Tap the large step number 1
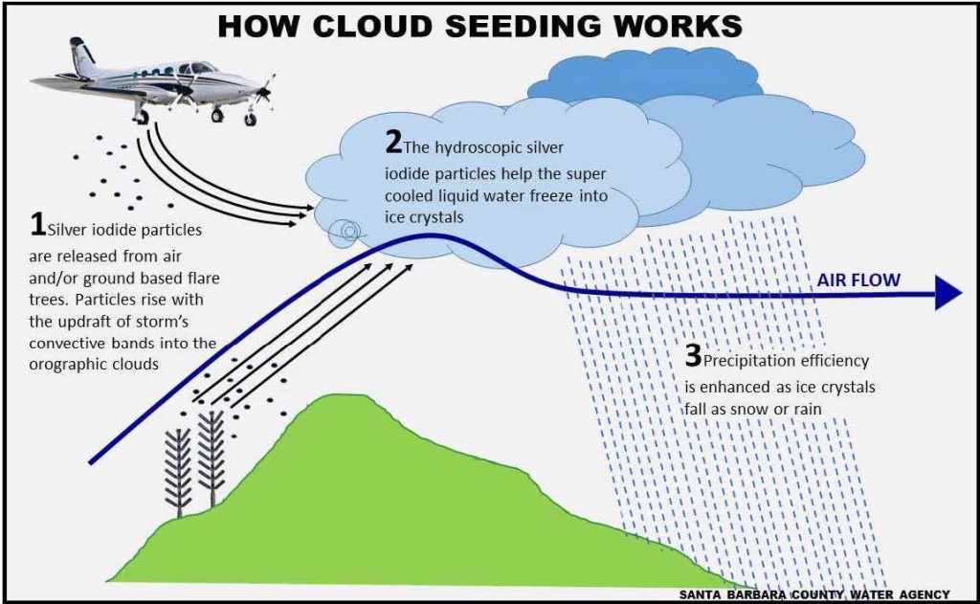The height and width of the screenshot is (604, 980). coord(37,224)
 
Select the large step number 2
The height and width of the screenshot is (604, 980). coord(393,142)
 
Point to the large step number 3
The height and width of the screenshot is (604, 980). coord(693,355)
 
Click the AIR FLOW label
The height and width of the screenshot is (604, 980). coord(858,280)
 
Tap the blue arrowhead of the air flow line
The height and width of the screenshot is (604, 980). coord(947,292)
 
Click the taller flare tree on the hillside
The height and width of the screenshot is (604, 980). coord(212,458)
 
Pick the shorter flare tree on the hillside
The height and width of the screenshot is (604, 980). coord(179,472)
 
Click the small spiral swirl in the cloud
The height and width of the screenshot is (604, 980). coord(348,232)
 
